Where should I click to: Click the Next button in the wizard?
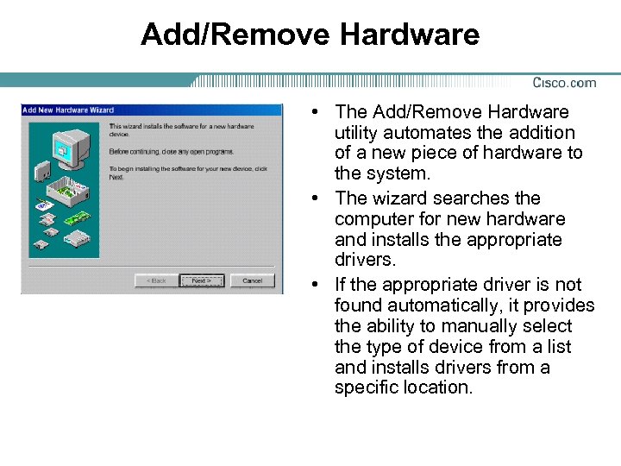(202, 280)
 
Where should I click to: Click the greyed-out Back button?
(156, 280)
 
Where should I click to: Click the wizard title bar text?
(68, 110)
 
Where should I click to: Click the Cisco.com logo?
(564, 83)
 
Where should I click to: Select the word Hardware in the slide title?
(410, 35)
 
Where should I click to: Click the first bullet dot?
(318, 112)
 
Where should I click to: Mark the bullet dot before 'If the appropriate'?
(318, 285)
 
